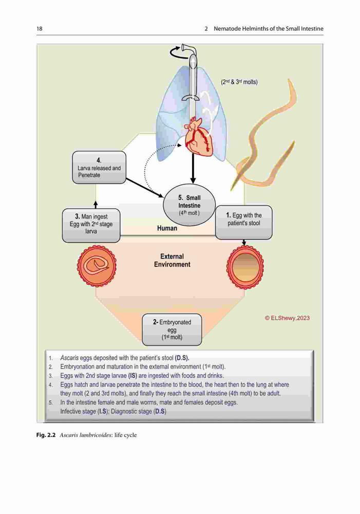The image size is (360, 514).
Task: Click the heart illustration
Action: (199, 137)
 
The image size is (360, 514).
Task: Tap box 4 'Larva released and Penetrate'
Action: (99, 167)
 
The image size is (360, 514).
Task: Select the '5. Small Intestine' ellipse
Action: (190, 206)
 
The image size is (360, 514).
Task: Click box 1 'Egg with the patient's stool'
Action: (244, 222)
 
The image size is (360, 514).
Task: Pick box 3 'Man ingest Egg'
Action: (91, 226)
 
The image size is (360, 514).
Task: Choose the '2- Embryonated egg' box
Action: (172, 330)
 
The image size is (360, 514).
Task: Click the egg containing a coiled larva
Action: (97, 265)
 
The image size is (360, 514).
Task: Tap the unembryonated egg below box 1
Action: (245, 267)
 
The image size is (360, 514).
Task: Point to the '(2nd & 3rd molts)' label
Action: (239, 82)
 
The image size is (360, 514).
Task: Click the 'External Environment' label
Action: (172, 260)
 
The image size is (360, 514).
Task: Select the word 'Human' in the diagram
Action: (167, 228)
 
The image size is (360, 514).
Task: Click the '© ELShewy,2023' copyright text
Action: (287, 318)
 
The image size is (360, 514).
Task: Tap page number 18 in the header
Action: (40, 28)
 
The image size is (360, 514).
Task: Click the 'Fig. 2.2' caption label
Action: (46, 435)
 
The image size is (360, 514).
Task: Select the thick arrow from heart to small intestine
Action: (193, 168)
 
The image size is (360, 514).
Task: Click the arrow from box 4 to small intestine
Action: (145, 188)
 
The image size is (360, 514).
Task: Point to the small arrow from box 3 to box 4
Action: (96, 205)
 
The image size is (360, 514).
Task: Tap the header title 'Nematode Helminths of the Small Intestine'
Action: (268, 28)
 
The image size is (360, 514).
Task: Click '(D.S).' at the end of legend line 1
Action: (182, 358)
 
